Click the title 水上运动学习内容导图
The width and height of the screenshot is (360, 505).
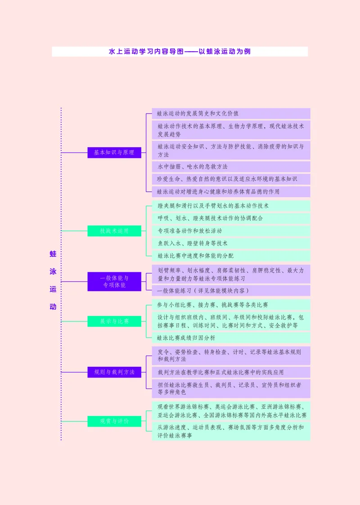pyautogui.click(x=180, y=52)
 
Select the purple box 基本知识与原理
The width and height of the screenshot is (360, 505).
pyautogui.click(x=114, y=153)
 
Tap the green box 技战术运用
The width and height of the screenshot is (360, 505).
pyautogui.click(x=114, y=231)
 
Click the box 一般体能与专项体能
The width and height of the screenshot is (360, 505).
pyautogui.click(x=114, y=281)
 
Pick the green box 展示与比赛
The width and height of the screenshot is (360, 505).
pyautogui.click(x=114, y=321)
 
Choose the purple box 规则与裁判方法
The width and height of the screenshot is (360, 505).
pyautogui.click(x=114, y=372)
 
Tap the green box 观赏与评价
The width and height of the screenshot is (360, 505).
pyautogui.click(x=114, y=421)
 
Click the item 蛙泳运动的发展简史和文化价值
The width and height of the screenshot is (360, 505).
pyautogui.click(x=231, y=113)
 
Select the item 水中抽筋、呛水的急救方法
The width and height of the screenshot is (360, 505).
pyautogui.click(x=231, y=167)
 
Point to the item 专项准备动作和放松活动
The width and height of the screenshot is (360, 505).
pyautogui.click(x=231, y=230)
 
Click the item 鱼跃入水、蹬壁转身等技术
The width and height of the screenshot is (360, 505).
pyautogui.click(x=231, y=243)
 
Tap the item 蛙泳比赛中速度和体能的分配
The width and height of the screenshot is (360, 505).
pyautogui.click(x=231, y=256)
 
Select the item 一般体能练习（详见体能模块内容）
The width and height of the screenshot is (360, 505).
pyautogui.click(x=231, y=291)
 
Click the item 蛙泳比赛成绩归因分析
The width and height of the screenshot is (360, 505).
pyautogui.click(x=231, y=338)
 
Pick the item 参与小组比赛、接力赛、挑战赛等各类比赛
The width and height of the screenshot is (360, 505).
pyautogui.click(x=231, y=305)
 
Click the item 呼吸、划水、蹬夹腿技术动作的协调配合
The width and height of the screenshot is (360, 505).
pyautogui.click(x=231, y=218)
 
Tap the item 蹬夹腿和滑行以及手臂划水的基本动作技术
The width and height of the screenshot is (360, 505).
pyautogui.click(x=231, y=206)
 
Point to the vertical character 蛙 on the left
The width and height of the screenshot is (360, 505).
pyautogui.click(x=53, y=254)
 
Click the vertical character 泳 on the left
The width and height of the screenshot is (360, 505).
pyautogui.click(x=53, y=272)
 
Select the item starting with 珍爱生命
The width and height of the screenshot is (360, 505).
pyautogui.click(x=231, y=179)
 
